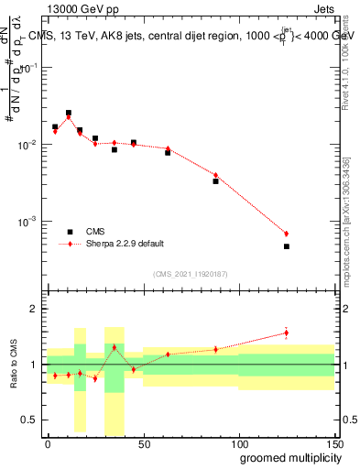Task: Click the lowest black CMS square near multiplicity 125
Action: click(x=287, y=246)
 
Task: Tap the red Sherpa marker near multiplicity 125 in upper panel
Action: click(x=287, y=234)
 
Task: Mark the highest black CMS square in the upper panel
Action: click(x=69, y=113)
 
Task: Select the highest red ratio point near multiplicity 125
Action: click(x=287, y=333)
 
